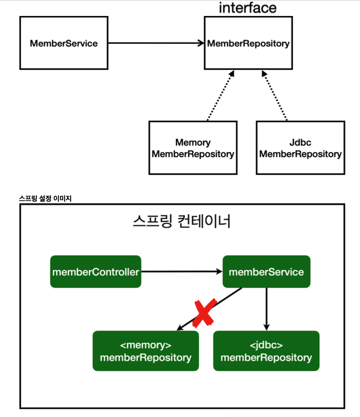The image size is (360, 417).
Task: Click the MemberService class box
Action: (64, 43)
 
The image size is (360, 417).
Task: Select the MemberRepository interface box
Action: (248, 43)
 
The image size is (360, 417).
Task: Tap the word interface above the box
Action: (247, 8)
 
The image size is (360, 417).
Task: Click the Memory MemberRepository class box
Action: (193, 148)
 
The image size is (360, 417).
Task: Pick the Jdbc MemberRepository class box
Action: (300, 148)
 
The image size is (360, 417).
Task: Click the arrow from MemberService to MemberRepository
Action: (156, 43)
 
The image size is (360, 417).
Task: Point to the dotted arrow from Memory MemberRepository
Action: (221, 96)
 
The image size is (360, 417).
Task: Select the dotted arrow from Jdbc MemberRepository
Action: (274, 96)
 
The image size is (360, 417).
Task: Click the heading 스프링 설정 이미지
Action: (45, 198)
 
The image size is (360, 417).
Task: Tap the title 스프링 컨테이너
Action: (181, 221)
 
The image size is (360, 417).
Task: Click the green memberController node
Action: (96, 271)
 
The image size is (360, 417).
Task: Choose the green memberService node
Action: (267, 271)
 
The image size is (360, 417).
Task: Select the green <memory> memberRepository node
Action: (145, 351)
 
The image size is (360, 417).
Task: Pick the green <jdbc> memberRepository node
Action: (266, 351)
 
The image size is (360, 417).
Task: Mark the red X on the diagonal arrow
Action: (204, 313)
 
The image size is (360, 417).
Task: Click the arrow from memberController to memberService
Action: (182, 271)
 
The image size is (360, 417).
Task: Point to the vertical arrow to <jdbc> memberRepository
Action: (267, 309)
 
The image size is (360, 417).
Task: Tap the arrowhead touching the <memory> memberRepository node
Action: (180, 328)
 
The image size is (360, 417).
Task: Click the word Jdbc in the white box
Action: (300, 142)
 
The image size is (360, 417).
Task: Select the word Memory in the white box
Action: (193, 142)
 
